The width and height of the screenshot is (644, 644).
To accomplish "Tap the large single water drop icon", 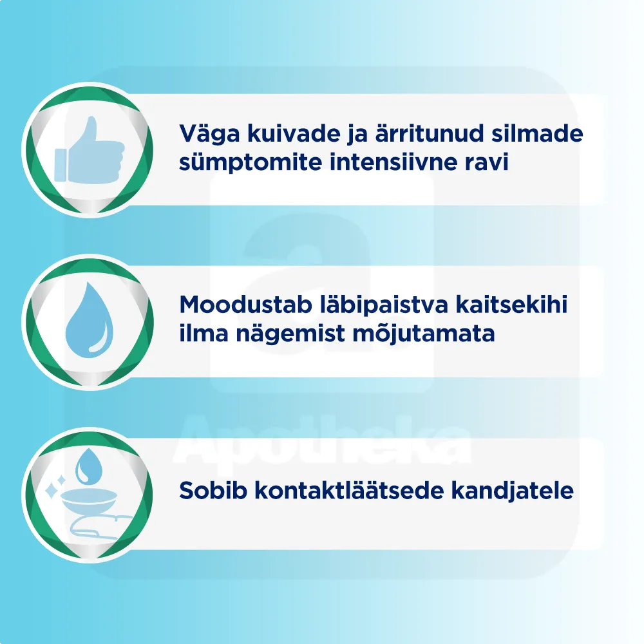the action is [89, 320].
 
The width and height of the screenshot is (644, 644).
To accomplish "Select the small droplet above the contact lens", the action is [89, 466].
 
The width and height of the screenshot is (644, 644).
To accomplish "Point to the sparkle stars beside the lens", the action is [55, 487].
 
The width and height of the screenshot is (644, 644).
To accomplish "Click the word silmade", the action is [537, 133].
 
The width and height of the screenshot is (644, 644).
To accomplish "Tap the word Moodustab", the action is [245, 305].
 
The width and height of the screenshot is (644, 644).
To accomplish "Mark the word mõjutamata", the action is [424, 333].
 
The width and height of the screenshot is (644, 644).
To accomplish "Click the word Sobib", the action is [213, 490].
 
